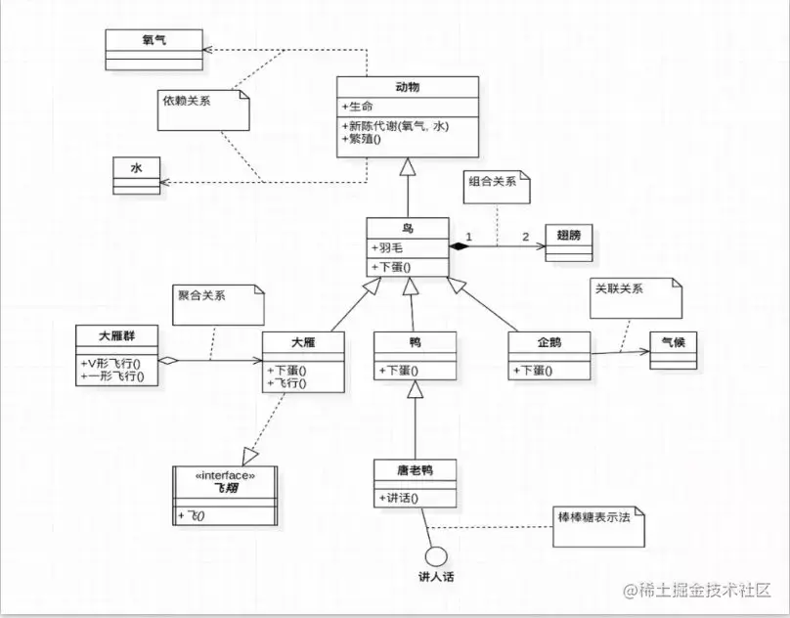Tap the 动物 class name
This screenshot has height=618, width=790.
pos(409,88)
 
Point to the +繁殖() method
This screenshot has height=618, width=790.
pos(362,139)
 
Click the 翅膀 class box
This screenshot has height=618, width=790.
pos(568,242)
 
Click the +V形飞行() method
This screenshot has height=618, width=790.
pos(111,364)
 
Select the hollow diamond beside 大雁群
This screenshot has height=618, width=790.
pos(168,361)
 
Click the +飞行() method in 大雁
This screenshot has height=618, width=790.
pos(287,383)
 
